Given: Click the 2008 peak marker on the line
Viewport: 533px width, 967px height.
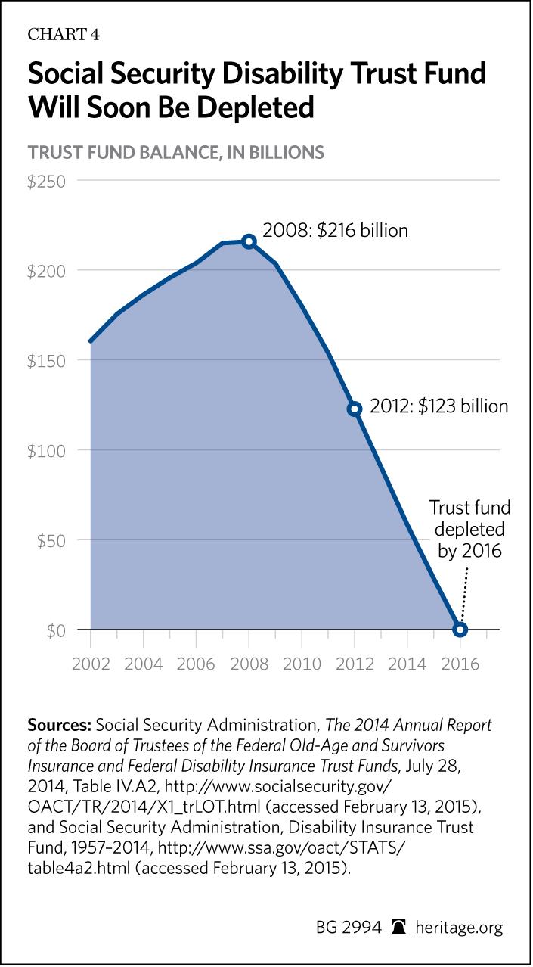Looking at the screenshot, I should [x=249, y=241].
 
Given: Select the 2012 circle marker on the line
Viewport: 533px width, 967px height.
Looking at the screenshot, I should [x=355, y=409].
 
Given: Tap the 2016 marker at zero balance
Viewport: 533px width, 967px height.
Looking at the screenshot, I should [x=460, y=629].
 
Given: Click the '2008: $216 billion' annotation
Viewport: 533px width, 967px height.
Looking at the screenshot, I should [x=335, y=230].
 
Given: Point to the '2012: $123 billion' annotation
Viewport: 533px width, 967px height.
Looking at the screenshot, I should [x=438, y=406].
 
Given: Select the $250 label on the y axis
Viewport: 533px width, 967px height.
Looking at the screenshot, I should [x=47, y=182].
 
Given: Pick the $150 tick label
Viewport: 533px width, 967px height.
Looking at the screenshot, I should [x=47, y=361].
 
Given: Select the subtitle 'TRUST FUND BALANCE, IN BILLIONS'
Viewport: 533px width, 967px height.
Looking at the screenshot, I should [x=176, y=152].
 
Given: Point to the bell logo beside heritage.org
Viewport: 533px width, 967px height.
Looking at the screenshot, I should [x=397, y=927].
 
